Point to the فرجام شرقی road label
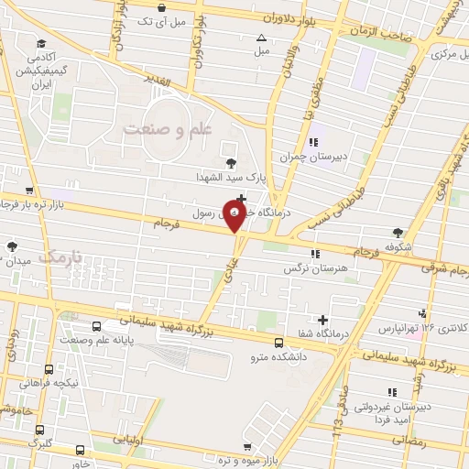(x=438, y=267)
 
